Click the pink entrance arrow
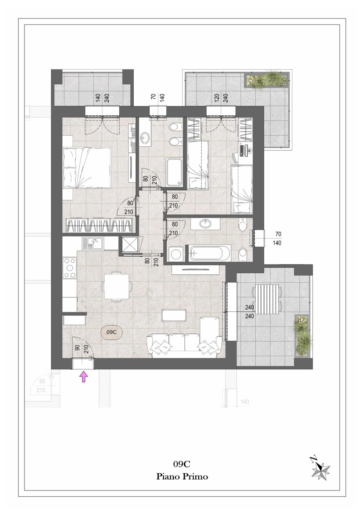click(84, 377)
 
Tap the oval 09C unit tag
click(112, 332)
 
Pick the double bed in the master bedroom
click(87, 167)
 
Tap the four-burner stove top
click(70, 268)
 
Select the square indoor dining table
click(117, 286)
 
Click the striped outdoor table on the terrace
click(267, 299)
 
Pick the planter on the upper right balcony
click(267, 80)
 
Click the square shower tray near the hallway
click(130, 245)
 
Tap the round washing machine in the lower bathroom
click(176, 254)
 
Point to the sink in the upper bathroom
click(145, 138)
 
